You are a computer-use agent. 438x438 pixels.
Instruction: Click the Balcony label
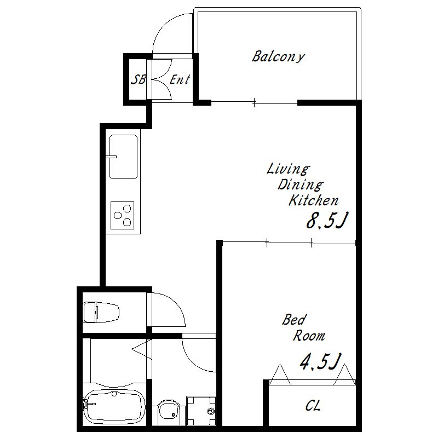(278, 57)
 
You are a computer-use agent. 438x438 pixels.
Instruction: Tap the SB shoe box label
(139, 79)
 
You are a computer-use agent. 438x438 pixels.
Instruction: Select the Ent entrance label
(180, 79)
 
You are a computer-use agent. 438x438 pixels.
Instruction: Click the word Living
(288, 169)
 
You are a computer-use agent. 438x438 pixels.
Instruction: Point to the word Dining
(300, 185)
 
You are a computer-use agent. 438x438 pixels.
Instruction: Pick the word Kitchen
(313, 200)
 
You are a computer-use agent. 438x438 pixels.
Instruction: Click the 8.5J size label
(326, 221)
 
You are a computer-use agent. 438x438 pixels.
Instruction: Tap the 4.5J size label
(320, 361)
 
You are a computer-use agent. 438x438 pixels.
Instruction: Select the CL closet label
(313, 406)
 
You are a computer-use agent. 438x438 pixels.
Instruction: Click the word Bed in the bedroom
(294, 320)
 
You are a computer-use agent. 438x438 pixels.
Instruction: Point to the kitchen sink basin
(124, 157)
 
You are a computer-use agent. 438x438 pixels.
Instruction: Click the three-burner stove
(122, 215)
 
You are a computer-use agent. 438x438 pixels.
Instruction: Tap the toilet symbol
(101, 312)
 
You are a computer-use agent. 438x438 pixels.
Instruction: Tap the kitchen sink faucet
(111, 157)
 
